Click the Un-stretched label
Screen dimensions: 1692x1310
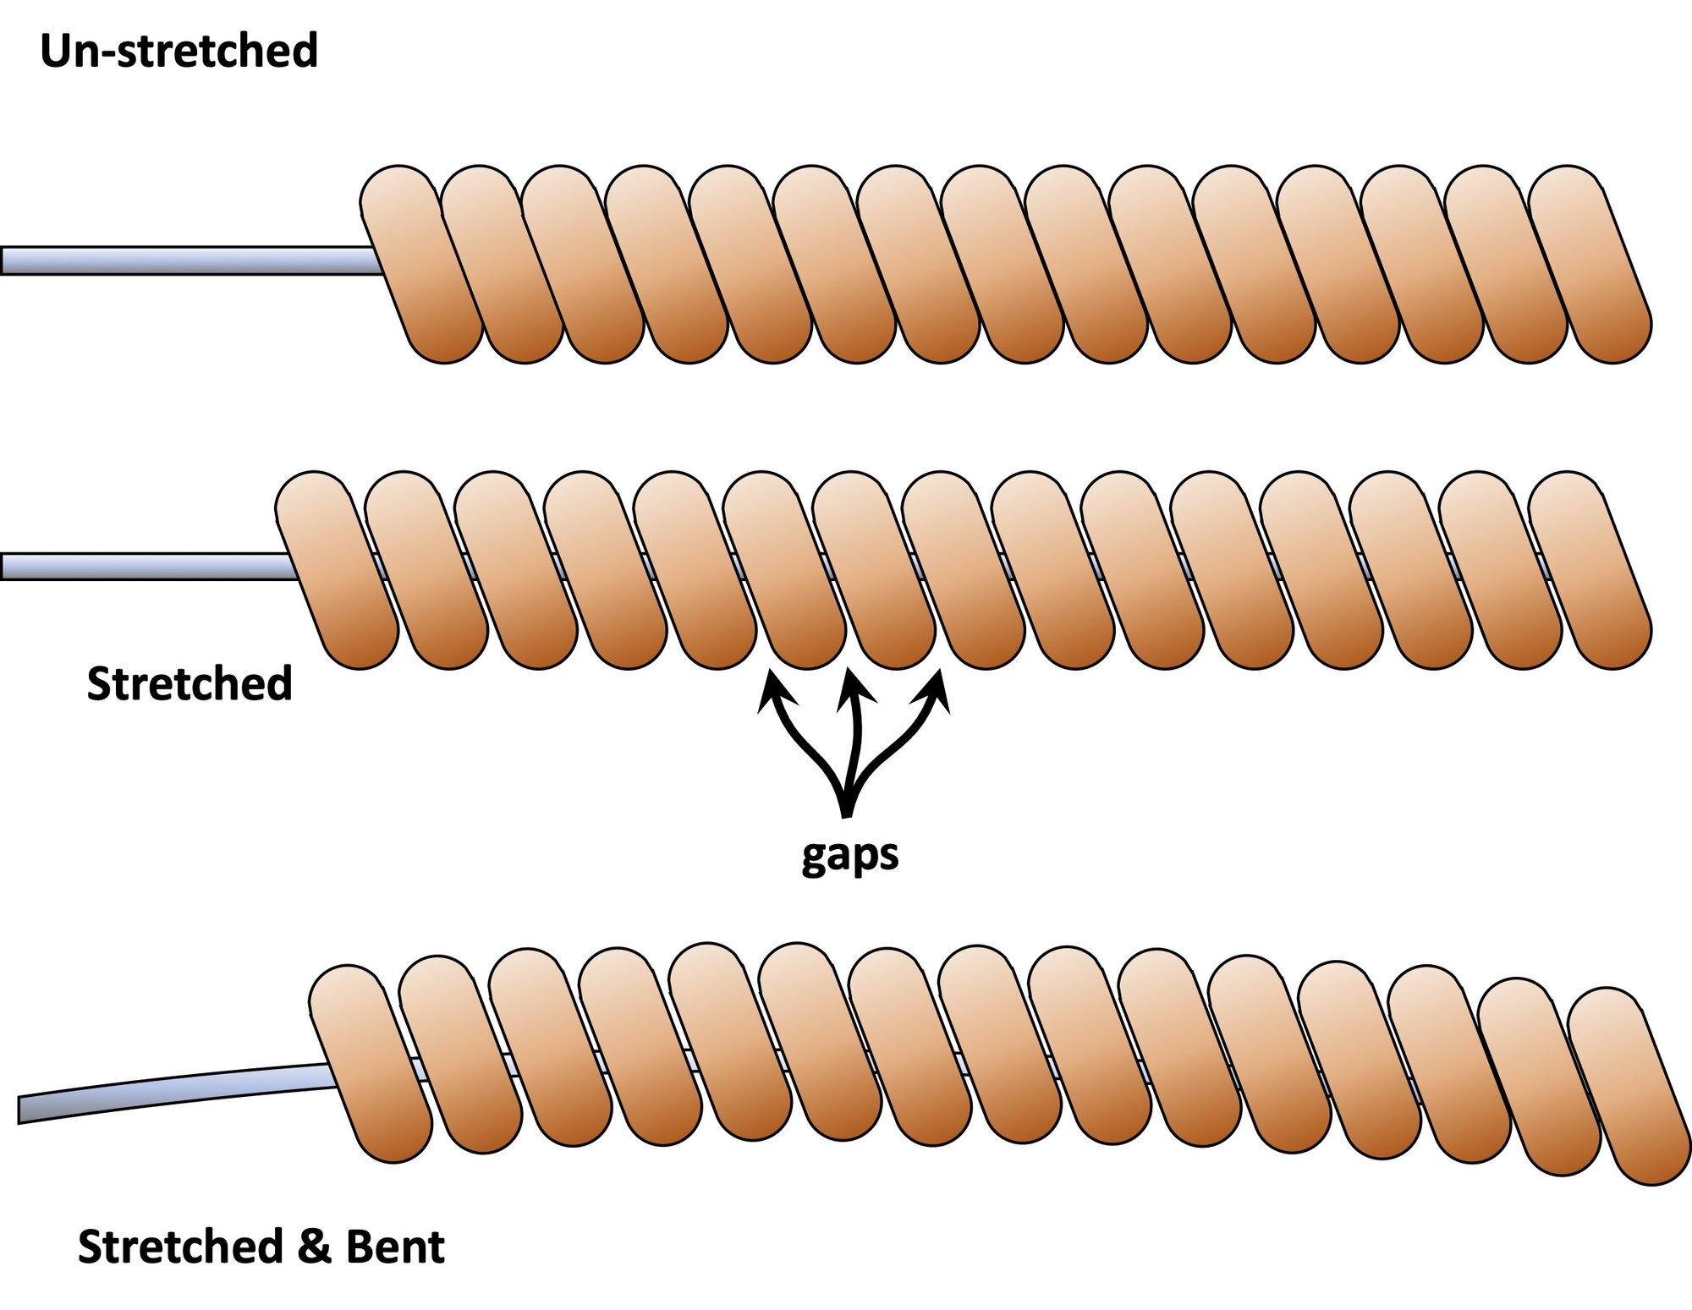click(179, 51)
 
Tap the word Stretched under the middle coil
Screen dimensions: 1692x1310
click(190, 683)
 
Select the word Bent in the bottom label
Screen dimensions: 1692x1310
click(395, 1247)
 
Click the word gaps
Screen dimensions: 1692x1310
click(849, 857)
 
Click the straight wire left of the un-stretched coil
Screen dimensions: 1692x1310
click(190, 260)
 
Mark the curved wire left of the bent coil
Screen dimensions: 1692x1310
click(173, 1088)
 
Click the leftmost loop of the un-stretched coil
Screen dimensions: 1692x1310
click(421, 265)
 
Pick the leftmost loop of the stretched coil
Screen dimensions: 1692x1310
click(338, 570)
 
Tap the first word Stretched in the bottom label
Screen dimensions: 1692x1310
click(181, 1247)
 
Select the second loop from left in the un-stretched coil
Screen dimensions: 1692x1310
click(503, 265)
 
